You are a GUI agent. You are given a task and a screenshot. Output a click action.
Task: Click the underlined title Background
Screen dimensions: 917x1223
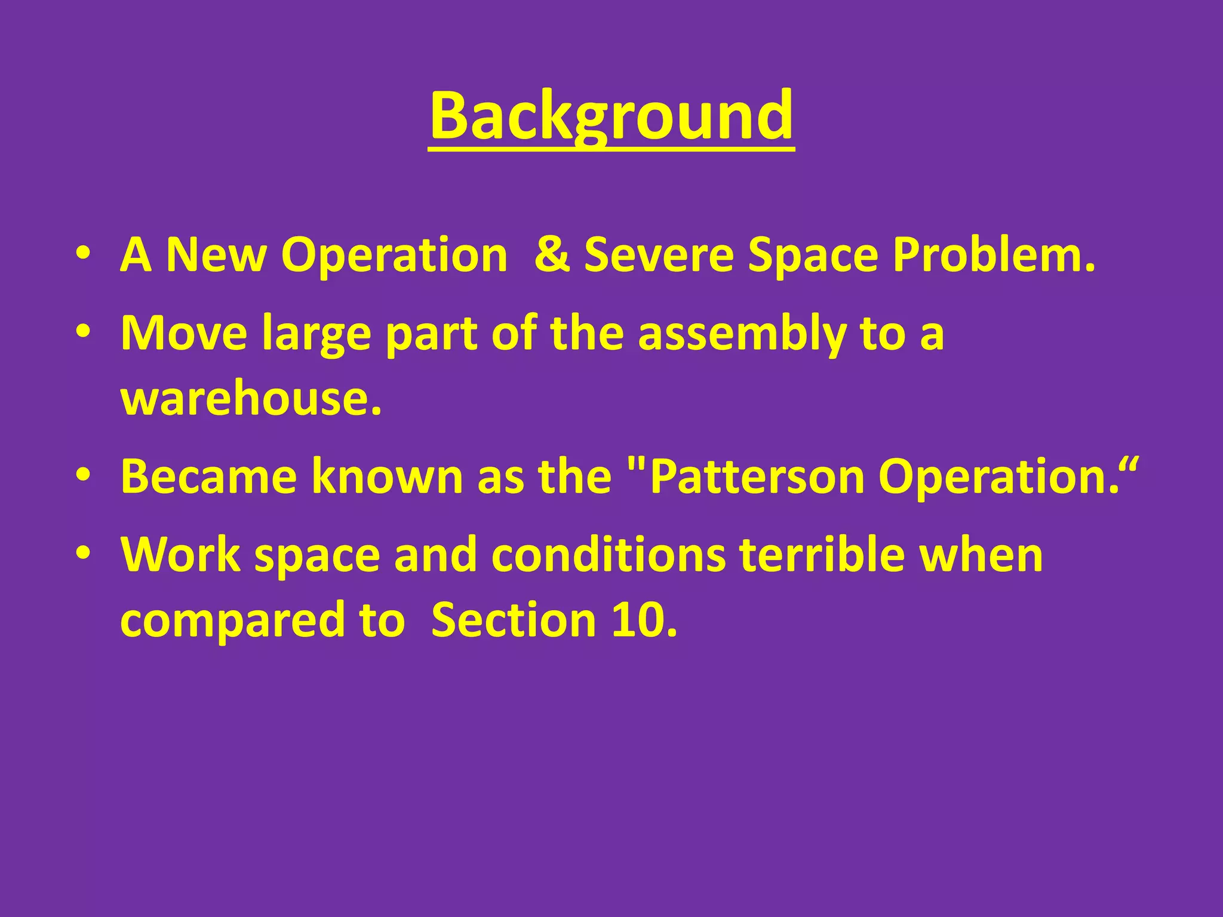point(611,116)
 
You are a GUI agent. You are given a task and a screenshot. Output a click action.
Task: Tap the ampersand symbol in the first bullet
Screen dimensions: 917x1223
point(552,255)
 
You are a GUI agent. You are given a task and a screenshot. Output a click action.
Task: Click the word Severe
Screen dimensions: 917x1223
point(659,255)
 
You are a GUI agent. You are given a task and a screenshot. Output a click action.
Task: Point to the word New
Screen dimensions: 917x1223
point(216,255)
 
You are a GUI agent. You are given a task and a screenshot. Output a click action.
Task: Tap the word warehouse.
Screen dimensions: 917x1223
point(251,398)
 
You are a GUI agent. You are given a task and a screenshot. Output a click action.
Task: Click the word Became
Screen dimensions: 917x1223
point(208,476)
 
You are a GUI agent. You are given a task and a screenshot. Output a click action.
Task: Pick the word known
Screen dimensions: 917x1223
point(388,476)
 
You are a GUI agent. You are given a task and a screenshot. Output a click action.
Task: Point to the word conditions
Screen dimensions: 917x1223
point(609,555)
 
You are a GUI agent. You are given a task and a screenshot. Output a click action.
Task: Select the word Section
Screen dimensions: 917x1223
point(514,620)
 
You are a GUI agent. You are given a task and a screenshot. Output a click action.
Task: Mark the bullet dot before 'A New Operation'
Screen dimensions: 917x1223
point(84,254)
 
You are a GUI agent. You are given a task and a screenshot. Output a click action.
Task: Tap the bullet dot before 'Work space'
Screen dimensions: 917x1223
point(84,553)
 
